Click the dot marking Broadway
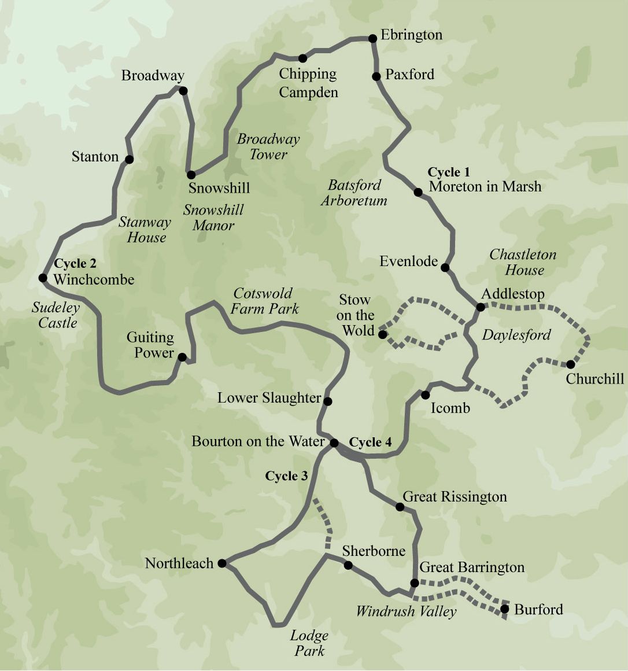pyautogui.click(x=183, y=91)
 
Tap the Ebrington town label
pyautogui.click(x=411, y=35)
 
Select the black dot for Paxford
pyautogui.click(x=376, y=76)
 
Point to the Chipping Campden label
pyautogui.click(x=308, y=83)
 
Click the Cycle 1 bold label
pyautogui.click(x=449, y=172)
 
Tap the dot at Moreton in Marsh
pyautogui.click(x=418, y=192)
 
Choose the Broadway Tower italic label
pyautogui.click(x=268, y=146)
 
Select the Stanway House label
pyautogui.click(x=145, y=230)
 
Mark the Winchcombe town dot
pyautogui.click(x=43, y=278)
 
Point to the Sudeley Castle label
pyautogui.click(x=56, y=315)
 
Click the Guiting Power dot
pyautogui.click(x=182, y=357)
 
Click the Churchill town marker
pyautogui.click(x=571, y=364)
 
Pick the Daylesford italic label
pyautogui.click(x=516, y=335)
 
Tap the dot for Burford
pyautogui.click(x=504, y=609)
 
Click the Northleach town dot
pyautogui.click(x=222, y=563)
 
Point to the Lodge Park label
pyautogui.click(x=309, y=643)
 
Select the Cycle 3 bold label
pyautogui.click(x=286, y=476)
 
